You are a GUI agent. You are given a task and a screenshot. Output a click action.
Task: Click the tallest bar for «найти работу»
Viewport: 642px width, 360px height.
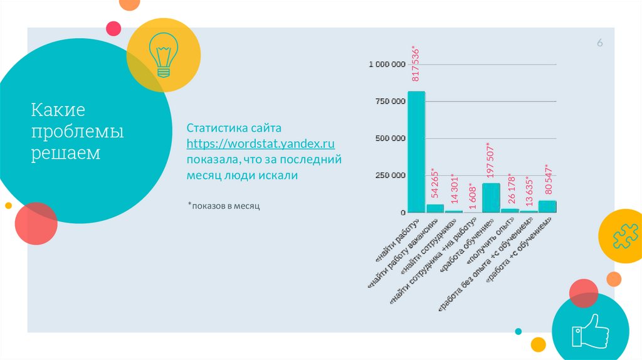416,152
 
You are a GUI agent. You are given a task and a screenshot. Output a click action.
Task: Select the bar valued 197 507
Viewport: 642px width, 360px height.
490,198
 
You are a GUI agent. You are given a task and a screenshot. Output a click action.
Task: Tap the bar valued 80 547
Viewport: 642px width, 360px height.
547,206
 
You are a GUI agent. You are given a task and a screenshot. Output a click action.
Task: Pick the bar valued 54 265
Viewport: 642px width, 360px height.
434,208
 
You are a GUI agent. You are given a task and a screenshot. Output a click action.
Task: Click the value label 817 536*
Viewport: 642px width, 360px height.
415,63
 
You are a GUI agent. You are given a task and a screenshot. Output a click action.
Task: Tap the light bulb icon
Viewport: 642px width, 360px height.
163,55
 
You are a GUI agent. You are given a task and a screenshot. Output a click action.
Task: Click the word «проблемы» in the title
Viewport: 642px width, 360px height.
78,132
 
